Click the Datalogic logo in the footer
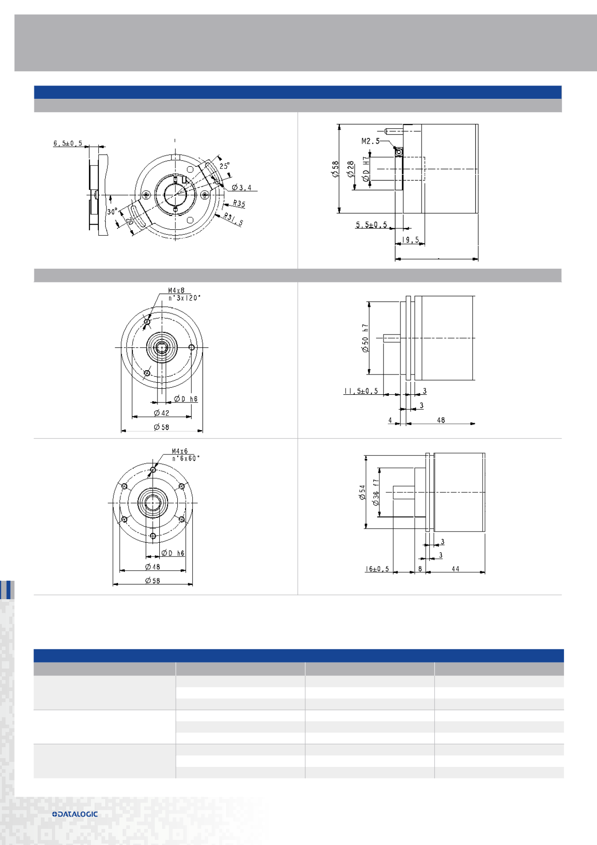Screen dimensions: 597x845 click(75, 814)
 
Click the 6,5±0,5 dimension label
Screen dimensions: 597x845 click(68, 143)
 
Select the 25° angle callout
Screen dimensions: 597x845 click(225, 166)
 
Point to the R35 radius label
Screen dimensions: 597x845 click(239, 204)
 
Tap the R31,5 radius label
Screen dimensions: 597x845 click(234, 220)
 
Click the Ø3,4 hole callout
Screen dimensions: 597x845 click(242, 187)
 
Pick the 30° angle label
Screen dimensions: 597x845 click(113, 212)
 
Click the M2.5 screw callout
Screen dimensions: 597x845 click(371, 141)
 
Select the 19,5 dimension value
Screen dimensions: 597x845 click(411, 240)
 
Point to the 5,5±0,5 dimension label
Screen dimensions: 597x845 click(372, 225)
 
